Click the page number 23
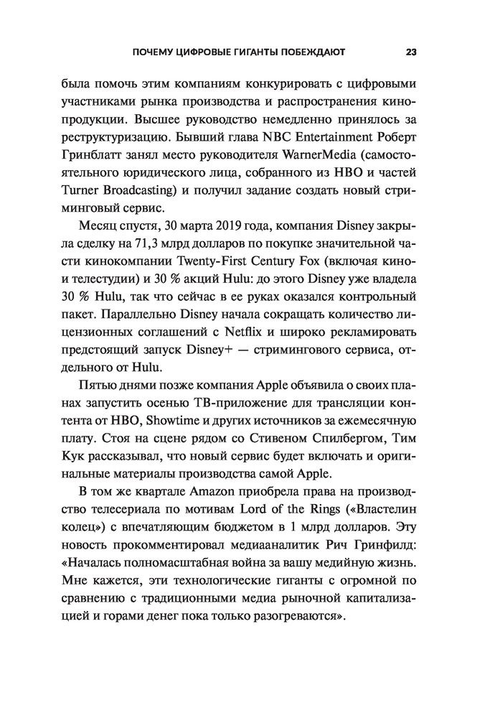click(411, 52)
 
